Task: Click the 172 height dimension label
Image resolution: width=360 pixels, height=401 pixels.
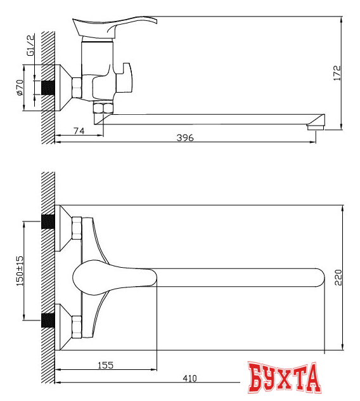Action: (x=337, y=72)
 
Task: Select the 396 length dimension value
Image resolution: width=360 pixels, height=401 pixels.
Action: (x=185, y=138)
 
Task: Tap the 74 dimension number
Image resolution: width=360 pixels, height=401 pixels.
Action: (x=79, y=131)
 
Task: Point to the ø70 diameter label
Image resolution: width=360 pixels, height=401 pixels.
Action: (x=20, y=87)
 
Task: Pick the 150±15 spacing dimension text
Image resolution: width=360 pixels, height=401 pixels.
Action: (x=20, y=269)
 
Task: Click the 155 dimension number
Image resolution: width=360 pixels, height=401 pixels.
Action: (x=106, y=364)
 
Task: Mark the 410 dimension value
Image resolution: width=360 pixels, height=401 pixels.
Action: (x=190, y=379)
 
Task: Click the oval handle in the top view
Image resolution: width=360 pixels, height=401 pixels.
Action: (x=114, y=277)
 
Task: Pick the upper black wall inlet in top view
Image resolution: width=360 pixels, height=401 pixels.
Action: (x=47, y=222)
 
